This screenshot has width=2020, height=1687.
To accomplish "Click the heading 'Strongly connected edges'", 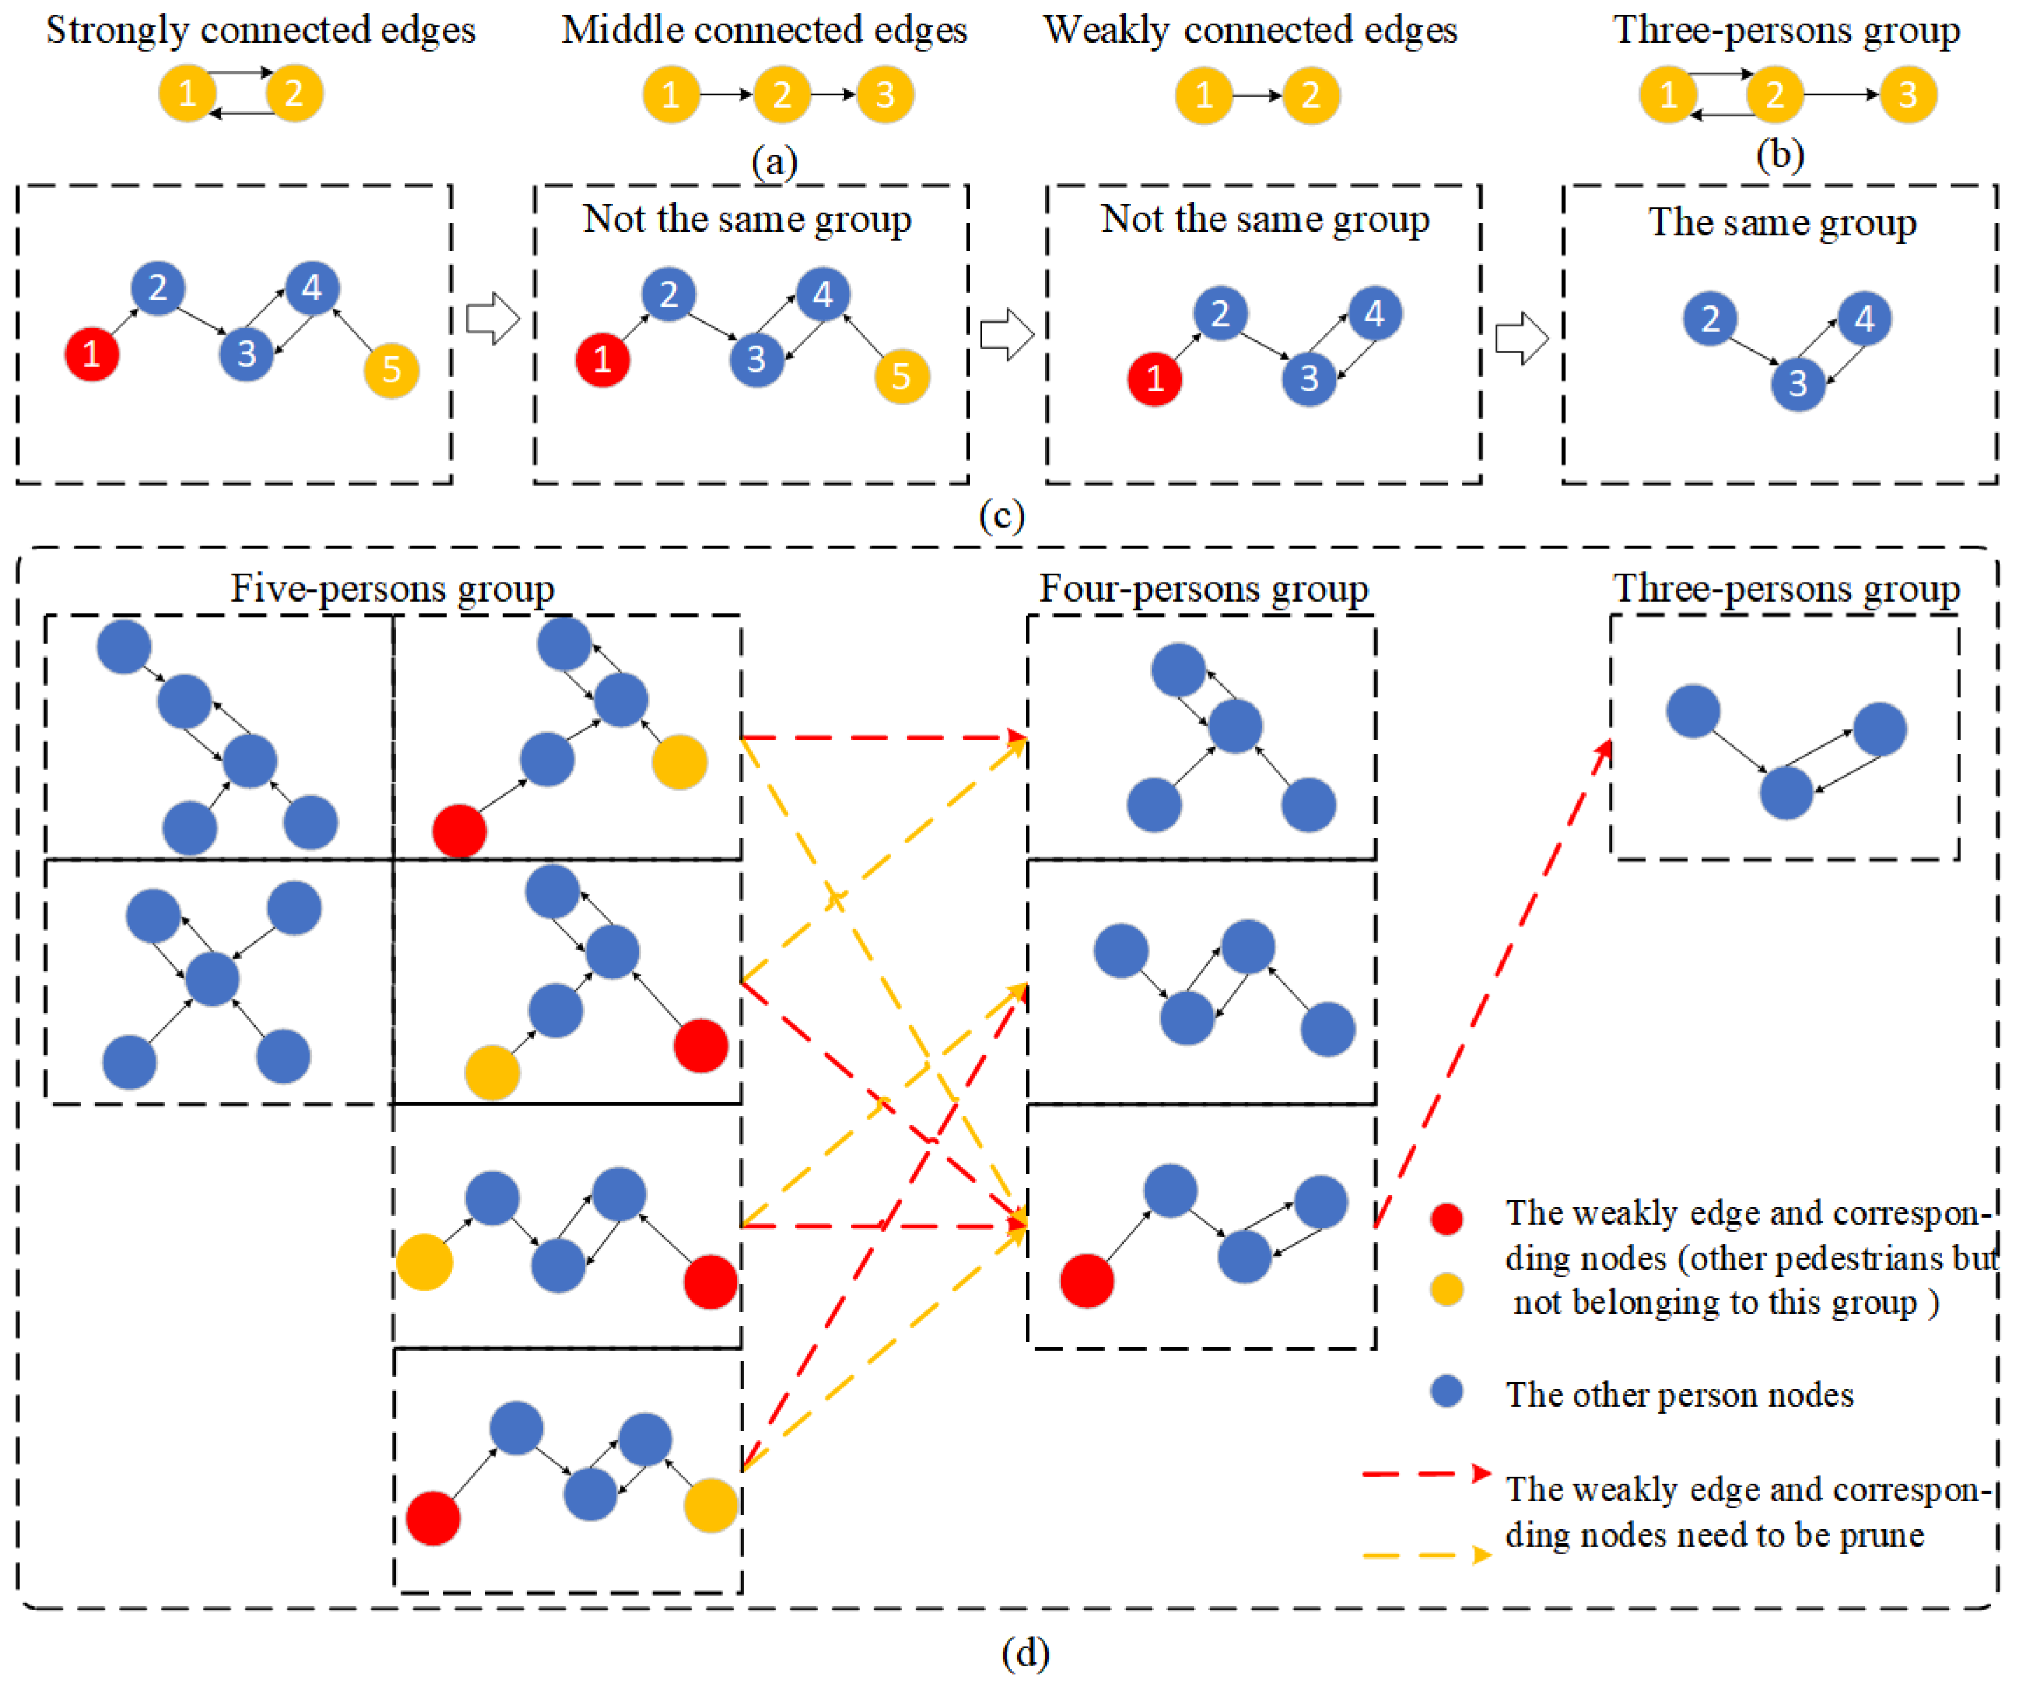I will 260,31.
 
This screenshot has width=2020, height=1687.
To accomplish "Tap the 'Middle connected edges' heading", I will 765,31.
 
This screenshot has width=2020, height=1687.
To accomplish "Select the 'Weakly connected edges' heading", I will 1251,31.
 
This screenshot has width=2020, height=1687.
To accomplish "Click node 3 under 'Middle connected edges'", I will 885,95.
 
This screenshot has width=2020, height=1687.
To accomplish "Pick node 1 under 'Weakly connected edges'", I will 1204,96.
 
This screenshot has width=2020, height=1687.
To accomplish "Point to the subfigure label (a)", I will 774,160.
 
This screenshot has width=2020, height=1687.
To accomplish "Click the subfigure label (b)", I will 1780,154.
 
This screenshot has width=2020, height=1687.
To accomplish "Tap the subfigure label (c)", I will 1001,515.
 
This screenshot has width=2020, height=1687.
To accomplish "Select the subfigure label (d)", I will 1025,1653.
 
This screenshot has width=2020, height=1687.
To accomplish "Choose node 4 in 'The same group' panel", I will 1864,319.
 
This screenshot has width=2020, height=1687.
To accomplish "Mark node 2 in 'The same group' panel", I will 1709,319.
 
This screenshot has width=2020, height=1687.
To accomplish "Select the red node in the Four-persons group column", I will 1087,1280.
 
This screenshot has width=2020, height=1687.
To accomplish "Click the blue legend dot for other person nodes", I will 1447,1391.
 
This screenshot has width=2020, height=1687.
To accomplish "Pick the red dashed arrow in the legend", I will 1426,1473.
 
